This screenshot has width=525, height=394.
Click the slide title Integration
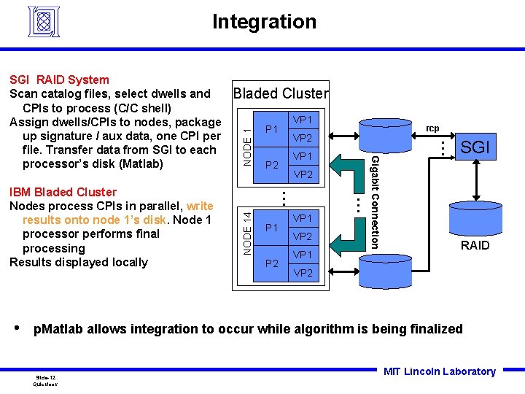click(x=264, y=22)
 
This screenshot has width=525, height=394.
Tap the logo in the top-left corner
click(x=46, y=23)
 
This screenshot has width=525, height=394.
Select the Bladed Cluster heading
click(x=280, y=93)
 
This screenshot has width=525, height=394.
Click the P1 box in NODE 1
click(x=271, y=129)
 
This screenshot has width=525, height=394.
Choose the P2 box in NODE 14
click(x=271, y=263)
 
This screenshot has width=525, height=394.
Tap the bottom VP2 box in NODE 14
click(x=303, y=273)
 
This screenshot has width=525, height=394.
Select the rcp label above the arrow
click(x=432, y=128)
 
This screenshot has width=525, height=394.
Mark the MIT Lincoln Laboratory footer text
click(x=439, y=371)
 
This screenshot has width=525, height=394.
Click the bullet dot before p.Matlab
click(x=19, y=328)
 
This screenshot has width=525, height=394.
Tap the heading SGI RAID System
click(x=59, y=80)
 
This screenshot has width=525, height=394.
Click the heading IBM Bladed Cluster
click(x=63, y=192)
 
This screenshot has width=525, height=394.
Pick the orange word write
click(x=200, y=206)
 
